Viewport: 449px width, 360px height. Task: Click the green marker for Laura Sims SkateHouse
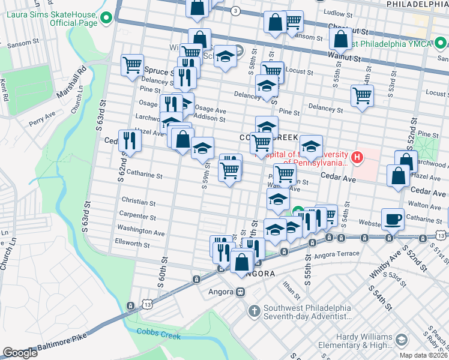point(107,19)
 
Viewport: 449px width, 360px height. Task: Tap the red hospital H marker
point(358,158)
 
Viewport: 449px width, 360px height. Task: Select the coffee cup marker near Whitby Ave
point(393,218)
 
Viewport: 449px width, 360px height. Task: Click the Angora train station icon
point(240,292)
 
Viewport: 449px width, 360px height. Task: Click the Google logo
point(20,352)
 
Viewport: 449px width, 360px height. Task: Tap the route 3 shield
point(235,11)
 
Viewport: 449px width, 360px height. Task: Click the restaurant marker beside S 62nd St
point(130,140)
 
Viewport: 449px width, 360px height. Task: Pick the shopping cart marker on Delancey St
point(363,95)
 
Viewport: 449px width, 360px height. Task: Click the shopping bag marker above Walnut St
point(340,39)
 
